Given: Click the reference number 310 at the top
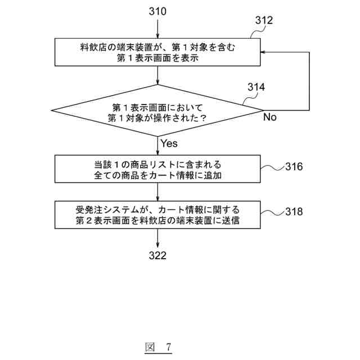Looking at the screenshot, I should pyautogui.click(x=158, y=11).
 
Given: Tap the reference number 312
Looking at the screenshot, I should pyautogui.click(x=264, y=21).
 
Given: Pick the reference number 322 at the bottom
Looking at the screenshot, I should pyautogui.click(x=158, y=256).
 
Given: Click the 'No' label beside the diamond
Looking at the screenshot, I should pyautogui.click(x=270, y=118).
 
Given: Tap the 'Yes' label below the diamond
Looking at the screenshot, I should pyautogui.click(x=169, y=143).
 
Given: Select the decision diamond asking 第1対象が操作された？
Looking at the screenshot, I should pyautogui.click(x=158, y=111).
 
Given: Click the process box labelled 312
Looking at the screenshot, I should pyautogui.click(x=158, y=52).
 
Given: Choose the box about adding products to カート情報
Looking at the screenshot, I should pyautogui.click(x=158, y=170).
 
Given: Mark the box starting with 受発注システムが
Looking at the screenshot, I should pyautogui.click(x=158, y=215).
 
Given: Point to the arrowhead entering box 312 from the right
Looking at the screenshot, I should pyautogui.click(x=265, y=52).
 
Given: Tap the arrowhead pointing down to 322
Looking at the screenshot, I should pyautogui.click(x=158, y=244).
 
